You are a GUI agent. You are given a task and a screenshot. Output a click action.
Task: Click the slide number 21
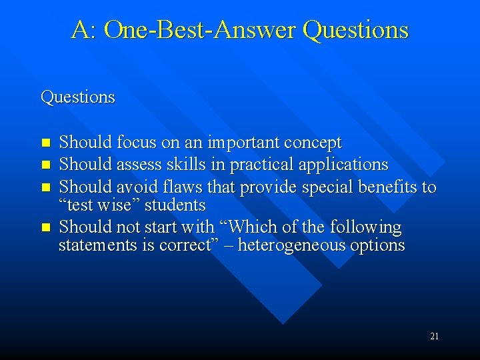click(x=434, y=336)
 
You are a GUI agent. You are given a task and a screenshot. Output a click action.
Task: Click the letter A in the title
click(x=80, y=30)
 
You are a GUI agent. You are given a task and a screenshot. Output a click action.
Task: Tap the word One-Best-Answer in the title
click(x=200, y=30)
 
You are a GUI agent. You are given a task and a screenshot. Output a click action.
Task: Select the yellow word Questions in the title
click(x=355, y=30)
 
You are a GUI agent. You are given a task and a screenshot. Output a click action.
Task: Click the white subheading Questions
click(x=78, y=97)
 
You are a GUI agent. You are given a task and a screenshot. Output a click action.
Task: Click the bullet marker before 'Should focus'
click(x=45, y=143)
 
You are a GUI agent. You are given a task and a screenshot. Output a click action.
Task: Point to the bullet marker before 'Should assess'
click(x=45, y=165)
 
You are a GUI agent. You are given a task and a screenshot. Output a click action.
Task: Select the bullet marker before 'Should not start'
click(x=45, y=227)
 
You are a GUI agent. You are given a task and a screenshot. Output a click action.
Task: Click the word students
click(x=175, y=204)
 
